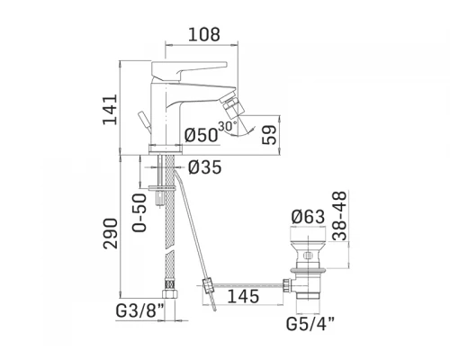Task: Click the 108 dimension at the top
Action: pyautogui.click(x=204, y=34)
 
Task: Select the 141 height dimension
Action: pyautogui.click(x=110, y=109)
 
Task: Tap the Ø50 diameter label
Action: pyautogui.click(x=201, y=135)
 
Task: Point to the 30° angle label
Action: pyautogui.click(x=228, y=126)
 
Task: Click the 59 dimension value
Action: pyautogui.click(x=269, y=135)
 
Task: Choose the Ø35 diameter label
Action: pyautogui.click(x=205, y=167)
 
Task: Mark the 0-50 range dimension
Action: pyautogui.click(x=139, y=212)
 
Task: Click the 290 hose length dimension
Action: pyautogui.click(x=110, y=233)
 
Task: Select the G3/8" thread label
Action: pyautogui.click(x=140, y=311)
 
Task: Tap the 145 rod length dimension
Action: pyautogui.click(x=243, y=296)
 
